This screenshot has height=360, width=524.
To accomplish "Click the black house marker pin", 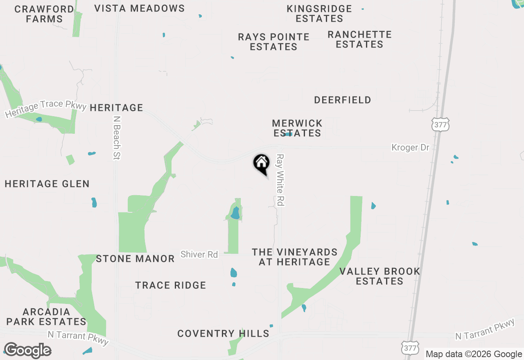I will click(262, 164).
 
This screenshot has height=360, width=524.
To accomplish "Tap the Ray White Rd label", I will click(280, 180).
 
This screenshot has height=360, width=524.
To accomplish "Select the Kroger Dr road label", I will click(410, 147).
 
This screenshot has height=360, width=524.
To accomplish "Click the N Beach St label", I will click(117, 137).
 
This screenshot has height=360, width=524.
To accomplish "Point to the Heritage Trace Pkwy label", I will click(46, 109).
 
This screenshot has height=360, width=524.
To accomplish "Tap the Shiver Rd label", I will click(199, 254).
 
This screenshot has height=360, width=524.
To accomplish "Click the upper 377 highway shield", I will click(440, 124).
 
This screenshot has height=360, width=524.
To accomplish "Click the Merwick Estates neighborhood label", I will click(297, 128).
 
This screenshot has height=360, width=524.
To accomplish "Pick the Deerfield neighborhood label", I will click(343, 100).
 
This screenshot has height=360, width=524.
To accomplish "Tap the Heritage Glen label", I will click(47, 184).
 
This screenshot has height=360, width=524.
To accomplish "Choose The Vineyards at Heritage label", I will click(295, 257).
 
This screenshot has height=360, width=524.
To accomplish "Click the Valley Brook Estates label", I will click(380, 276).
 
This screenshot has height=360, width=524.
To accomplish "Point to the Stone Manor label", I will click(135, 259).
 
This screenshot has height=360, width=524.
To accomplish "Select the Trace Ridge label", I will click(171, 285).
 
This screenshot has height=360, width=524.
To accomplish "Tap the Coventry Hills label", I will click(224, 334).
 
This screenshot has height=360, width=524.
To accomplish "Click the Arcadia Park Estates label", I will click(46, 317).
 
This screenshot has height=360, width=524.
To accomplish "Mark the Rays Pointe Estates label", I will click(273, 42).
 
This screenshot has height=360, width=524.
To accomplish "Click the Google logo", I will click(28, 351).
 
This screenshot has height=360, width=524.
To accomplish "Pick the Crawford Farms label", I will click(44, 14).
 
